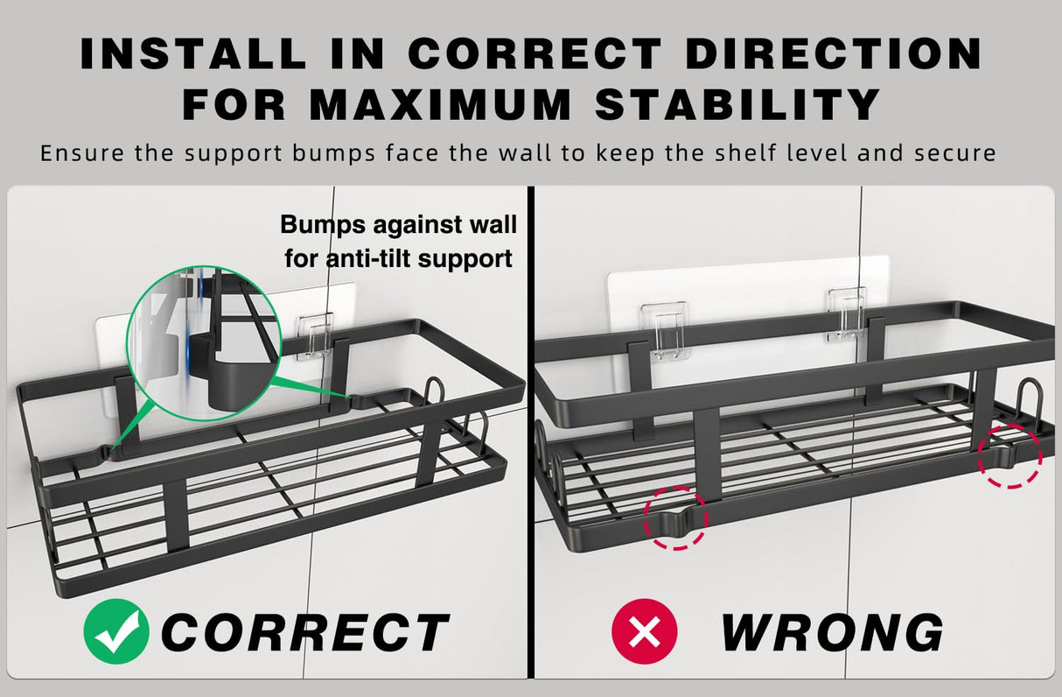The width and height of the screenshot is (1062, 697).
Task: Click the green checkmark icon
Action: (116, 631)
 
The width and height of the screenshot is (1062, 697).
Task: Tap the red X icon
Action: (645, 631)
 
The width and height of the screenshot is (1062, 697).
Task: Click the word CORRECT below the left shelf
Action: (304, 632)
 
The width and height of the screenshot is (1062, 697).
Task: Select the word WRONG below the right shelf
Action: (832, 632)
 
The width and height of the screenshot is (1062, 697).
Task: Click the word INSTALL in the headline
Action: (193, 53)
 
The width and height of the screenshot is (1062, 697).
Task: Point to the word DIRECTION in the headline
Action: (834, 53)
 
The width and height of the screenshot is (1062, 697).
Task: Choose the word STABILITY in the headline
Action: (737, 104)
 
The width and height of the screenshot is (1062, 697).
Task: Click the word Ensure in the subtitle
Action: (82, 152)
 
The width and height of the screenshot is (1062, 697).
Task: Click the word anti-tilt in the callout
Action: (369, 259)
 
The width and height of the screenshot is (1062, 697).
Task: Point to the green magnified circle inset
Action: (204, 343)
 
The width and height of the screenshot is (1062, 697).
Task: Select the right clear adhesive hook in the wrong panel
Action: (847, 315)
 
